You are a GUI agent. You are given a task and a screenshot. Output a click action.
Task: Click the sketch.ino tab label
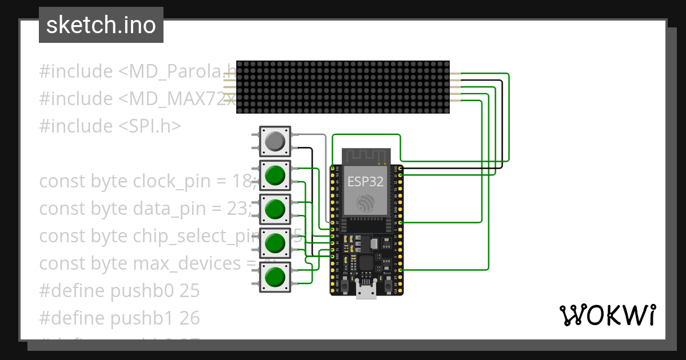point(101,25)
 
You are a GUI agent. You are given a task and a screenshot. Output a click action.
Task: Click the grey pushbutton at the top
point(275,141)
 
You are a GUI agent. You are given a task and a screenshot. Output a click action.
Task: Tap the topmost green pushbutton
point(275,175)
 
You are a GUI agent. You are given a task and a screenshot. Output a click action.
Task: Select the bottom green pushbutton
point(275,277)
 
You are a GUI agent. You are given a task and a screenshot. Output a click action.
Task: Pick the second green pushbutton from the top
point(275,209)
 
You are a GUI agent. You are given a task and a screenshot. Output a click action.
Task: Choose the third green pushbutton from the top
point(275,243)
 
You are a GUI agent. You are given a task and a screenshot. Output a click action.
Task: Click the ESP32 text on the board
point(366,182)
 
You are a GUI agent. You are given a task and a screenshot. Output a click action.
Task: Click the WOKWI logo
point(607,315)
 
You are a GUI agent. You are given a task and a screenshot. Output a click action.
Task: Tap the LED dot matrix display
point(343,87)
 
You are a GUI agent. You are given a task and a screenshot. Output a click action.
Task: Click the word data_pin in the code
point(166,209)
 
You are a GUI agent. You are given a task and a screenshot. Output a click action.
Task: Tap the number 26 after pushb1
point(190,318)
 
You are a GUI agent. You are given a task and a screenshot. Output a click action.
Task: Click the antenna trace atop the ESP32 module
point(366,155)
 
